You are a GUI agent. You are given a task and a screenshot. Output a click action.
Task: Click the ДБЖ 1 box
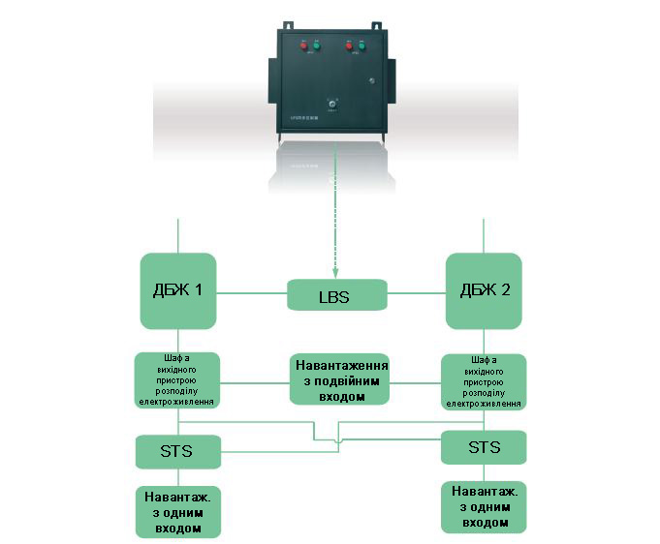(x=178, y=291)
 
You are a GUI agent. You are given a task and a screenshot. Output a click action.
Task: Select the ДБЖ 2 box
(x=484, y=291)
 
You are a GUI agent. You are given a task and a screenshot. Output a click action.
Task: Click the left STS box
(x=177, y=449)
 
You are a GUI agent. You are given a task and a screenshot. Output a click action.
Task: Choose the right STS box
(x=484, y=447)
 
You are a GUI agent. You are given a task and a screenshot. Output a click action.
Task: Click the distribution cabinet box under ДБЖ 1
(x=177, y=381)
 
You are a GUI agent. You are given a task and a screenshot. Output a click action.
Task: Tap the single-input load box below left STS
(x=177, y=511)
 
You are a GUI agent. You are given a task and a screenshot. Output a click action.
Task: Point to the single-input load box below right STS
(x=484, y=506)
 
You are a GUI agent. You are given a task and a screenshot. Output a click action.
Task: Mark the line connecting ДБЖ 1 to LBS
(x=251, y=291)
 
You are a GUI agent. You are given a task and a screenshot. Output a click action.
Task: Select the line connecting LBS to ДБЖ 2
(x=416, y=291)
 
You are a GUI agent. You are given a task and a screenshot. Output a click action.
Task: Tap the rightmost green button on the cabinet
(x=361, y=45)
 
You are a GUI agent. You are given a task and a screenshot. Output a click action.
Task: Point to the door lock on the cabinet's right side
(x=370, y=80)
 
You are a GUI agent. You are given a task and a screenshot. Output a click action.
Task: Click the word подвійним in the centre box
(x=339, y=381)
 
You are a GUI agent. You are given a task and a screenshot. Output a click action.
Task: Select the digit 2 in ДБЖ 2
(x=506, y=291)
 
